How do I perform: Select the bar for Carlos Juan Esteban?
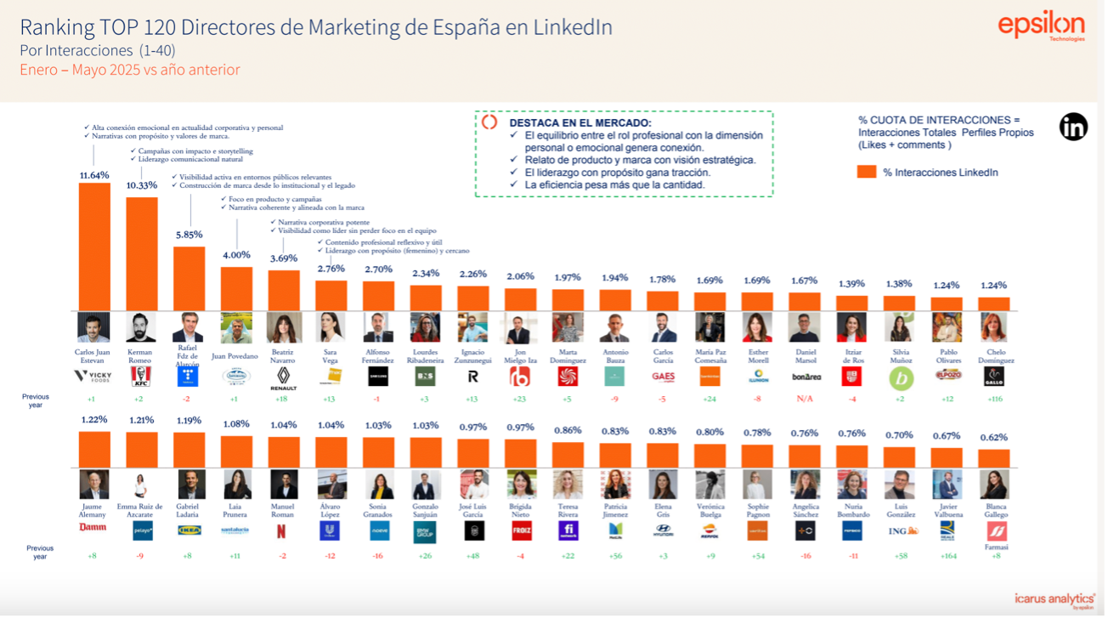click(x=94, y=247)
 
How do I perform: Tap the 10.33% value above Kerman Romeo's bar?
click(x=141, y=185)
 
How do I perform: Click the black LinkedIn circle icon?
click(x=1073, y=127)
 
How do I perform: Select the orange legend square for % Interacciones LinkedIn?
click(x=867, y=172)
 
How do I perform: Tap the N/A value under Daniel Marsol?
click(x=804, y=399)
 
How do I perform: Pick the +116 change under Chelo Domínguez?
click(x=993, y=399)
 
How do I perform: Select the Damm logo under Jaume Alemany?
click(x=93, y=527)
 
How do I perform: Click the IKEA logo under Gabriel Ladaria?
click(x=189, y=530)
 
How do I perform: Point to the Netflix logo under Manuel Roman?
click(x=284, y=530)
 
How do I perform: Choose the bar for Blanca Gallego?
click(x=993, y=457)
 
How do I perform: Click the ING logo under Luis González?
click(x=899, y=530)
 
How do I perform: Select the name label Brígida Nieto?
click(x=521, y=511)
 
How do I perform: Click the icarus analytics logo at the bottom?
click(x=1054, y=599)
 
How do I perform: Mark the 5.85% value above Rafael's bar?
click(x=189, y=235)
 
